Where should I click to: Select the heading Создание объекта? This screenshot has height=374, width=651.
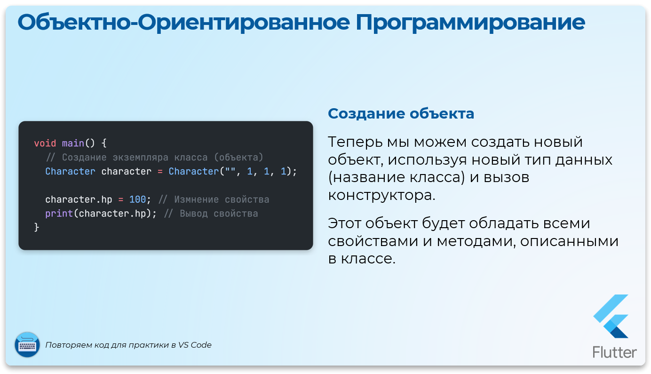401,114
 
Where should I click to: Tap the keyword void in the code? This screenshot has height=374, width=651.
45,143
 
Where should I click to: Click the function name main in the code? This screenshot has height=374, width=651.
73,143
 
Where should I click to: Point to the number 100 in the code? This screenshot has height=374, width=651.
137,199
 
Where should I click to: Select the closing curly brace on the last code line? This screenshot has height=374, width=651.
37,227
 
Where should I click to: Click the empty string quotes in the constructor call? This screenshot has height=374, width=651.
230,171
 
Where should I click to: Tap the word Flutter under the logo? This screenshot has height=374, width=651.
615,352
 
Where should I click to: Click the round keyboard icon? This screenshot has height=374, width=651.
27,345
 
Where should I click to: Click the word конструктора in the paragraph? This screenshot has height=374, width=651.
381,195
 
